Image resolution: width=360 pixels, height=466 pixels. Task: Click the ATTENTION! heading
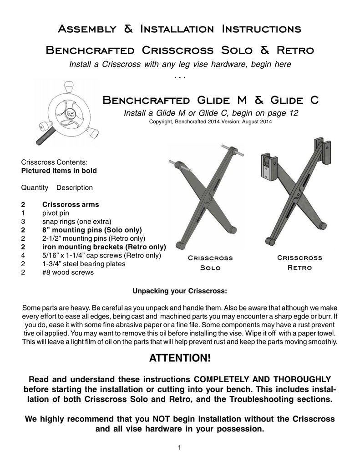click(180, 359)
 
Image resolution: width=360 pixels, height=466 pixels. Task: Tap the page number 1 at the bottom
click(180, 449)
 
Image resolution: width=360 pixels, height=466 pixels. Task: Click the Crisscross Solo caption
click(210, 263)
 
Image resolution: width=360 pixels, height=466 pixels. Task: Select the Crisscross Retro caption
click(299, 263)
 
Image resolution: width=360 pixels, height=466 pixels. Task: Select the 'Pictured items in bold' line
click(59, 171)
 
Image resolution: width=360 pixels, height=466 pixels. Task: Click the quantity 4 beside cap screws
click(23, 255)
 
